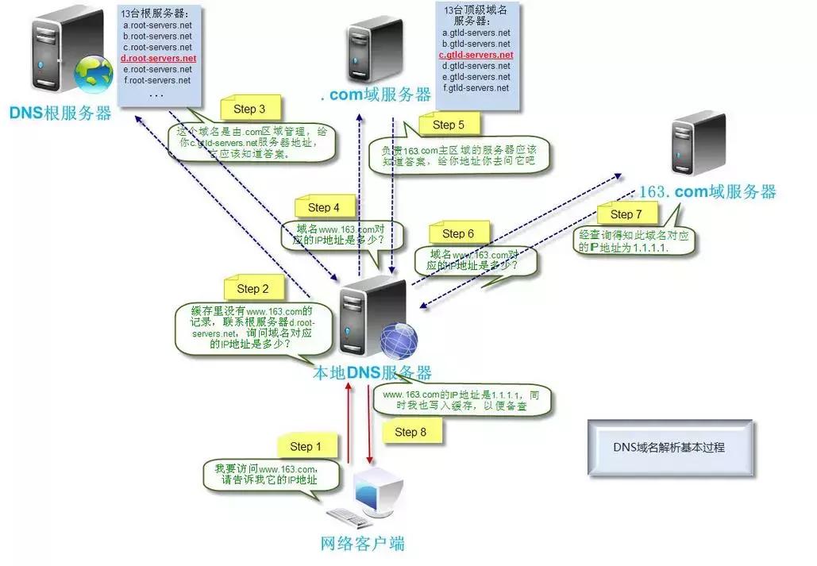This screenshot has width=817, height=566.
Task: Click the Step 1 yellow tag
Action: point(306,447)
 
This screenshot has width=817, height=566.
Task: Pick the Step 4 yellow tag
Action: point(323,207)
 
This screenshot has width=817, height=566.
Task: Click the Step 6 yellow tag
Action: point(457,233)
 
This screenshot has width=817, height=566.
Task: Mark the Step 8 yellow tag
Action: point(410,432)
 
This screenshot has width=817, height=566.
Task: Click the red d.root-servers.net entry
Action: point(157,59)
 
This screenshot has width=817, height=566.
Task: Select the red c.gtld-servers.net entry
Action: point(476,55)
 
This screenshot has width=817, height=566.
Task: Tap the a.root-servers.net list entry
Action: point(157,25)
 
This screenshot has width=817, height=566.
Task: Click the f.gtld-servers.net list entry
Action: point(476,88)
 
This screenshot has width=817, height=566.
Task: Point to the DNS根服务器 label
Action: point(61,114)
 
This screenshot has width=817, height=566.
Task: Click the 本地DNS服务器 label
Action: point(372,373)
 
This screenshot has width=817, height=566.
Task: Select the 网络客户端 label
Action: point(362,544)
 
